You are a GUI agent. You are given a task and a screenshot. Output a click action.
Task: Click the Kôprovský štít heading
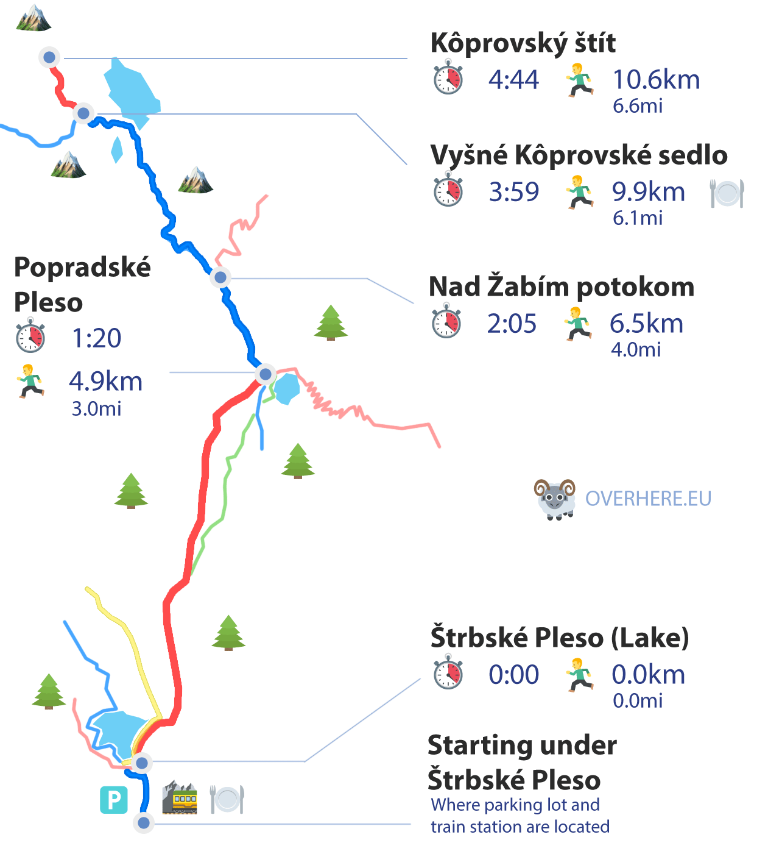click(523, 43)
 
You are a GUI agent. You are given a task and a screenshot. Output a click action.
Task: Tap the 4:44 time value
click(513, 80)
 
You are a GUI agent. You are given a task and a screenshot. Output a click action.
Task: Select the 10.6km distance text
click(656, 80)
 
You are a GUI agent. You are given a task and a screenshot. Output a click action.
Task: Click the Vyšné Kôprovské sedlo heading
click(579, 155)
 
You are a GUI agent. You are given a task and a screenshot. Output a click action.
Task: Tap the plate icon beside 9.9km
click(727, 193)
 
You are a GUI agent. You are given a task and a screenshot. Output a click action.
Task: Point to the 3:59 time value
click(513, 192)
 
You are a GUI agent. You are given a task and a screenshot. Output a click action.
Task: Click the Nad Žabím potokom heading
click(561, 286)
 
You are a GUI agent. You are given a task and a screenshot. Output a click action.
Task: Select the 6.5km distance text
click(646, 324)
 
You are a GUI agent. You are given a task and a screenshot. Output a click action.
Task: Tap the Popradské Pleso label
click(82, 285)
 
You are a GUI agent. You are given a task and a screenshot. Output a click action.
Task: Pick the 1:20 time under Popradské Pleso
click(96, 338)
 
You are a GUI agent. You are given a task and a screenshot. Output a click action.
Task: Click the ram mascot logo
click(555, 499)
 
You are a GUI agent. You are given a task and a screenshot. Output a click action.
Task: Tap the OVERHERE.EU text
click(648, 499)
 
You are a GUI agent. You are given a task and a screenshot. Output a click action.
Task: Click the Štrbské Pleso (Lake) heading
click(559, 638)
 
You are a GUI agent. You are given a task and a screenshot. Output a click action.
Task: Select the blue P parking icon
click(114, 800)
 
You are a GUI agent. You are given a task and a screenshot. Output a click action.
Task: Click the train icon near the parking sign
click(180, 798)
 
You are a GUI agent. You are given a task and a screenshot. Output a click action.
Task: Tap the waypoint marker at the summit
click(49, 58)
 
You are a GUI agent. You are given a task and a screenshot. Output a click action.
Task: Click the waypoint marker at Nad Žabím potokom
click(220, 277)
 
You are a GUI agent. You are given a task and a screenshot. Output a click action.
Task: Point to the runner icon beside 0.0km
click(579, 675)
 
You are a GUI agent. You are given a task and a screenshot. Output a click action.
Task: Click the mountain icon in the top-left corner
click(33, 18)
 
